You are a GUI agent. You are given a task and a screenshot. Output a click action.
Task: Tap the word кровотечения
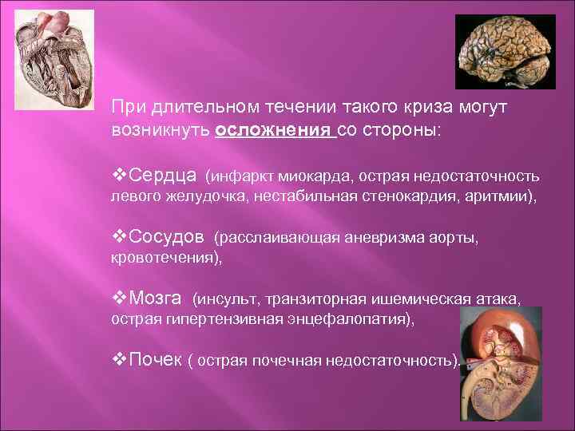165,259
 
